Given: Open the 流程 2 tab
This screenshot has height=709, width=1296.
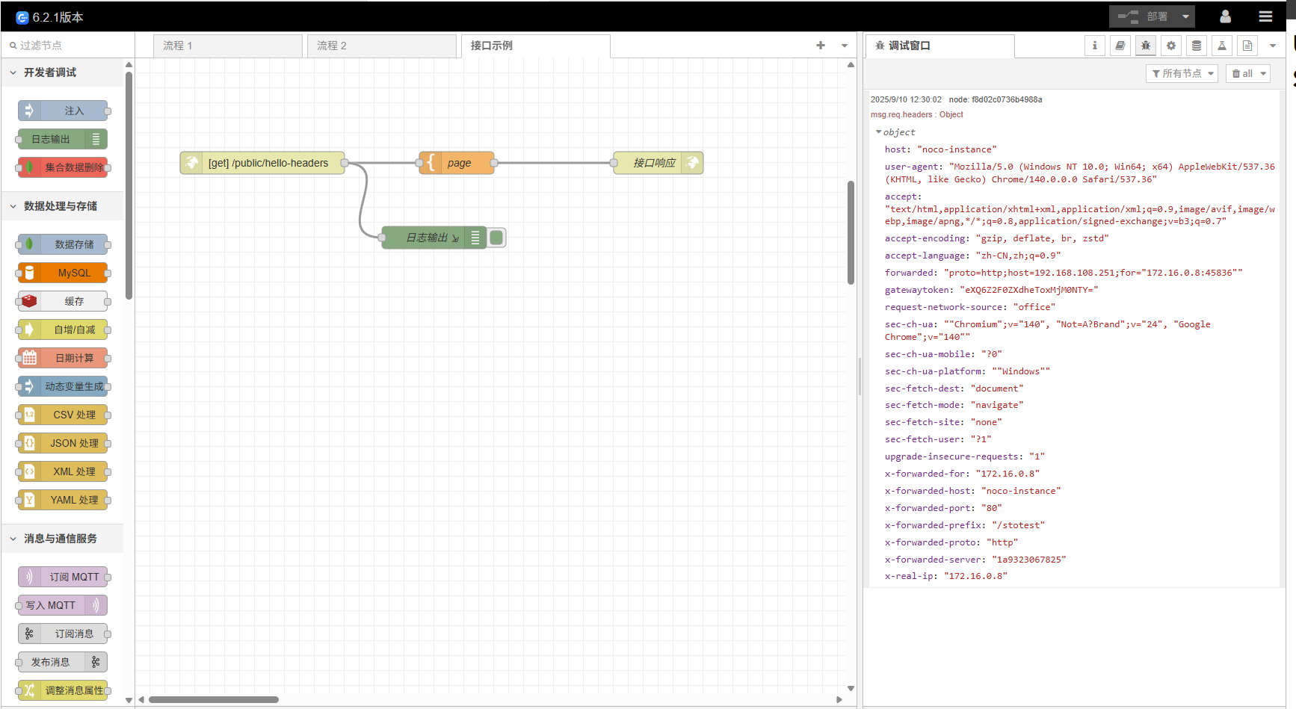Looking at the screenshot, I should [x=381, y=46].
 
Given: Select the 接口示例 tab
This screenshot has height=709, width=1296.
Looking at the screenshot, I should [x=535, y=46].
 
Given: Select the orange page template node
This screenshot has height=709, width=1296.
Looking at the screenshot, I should [x=458, y=163].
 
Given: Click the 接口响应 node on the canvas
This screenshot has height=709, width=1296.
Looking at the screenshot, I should [x=654, y=163].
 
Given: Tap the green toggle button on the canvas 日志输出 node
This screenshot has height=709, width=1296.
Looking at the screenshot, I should [x=496, y=238].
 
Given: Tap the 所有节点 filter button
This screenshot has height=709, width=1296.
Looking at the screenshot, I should [x=1182, y=73].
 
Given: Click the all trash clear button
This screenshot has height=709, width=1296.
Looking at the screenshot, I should [x=1247, y=73].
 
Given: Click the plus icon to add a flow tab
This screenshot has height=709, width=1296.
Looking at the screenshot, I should [x=821, y=46].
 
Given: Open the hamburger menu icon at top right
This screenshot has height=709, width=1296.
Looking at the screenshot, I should [x=1265, y=16].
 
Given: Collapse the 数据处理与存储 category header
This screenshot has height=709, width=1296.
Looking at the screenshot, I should [x=60, y=206].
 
